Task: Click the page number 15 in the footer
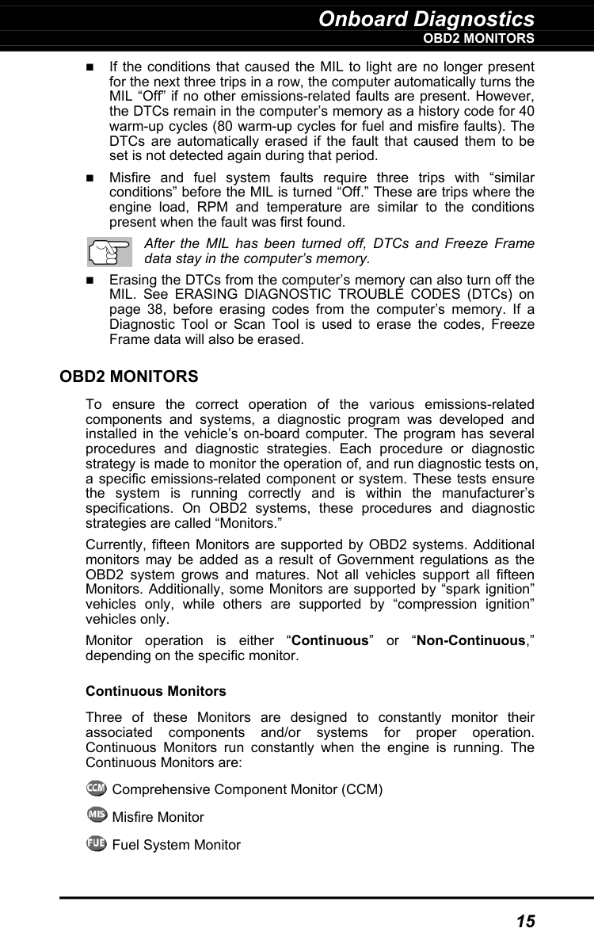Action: [525, 921]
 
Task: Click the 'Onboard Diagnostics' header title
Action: [426, 18]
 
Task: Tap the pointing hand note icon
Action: [109, 252]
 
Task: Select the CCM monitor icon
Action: [96, 788]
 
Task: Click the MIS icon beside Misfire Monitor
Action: [96, 815]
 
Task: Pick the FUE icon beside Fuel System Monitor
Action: [96, 843]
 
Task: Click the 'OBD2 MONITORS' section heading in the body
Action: [129, 376]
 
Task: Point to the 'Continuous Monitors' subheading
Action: [155, 691]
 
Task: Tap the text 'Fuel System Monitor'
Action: [177, 845]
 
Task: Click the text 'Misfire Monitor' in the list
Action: [158, 817]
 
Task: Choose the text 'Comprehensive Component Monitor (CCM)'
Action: [248, 789]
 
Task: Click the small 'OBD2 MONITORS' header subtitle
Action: [478, 38]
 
